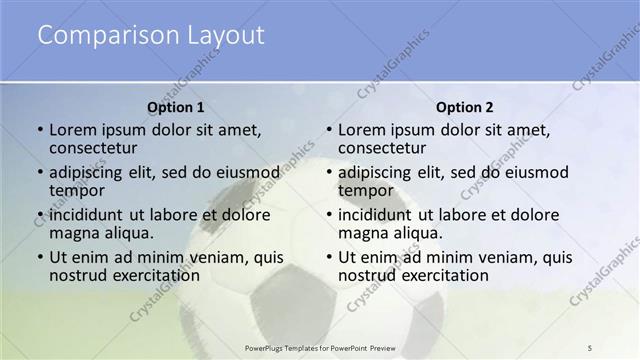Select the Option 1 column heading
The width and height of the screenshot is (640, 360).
pos(176,107)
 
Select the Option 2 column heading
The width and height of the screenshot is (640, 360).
pos(465,107)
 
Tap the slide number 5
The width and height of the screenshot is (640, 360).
pos(590,347)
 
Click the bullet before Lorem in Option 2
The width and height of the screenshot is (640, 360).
pos(330,130)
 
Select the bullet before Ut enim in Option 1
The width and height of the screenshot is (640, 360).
pos(41,258)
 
